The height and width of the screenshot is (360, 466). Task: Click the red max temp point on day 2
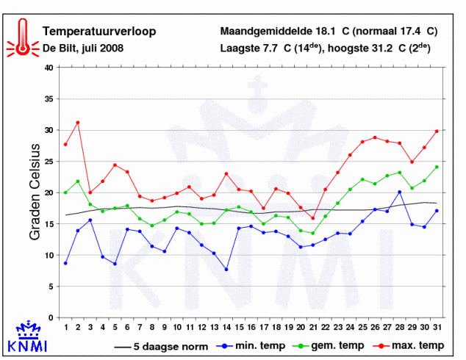click(78, 123)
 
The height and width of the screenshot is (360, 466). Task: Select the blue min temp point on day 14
click(226, 270)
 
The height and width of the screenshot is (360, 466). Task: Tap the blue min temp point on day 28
click(399, 192)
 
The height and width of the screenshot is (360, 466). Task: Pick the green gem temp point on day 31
click(437, 167)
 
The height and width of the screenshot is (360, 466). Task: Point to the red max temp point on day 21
click(313, 218)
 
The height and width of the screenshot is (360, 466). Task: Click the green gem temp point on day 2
click(78, 181)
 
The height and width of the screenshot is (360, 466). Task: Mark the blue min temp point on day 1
click(65, 263)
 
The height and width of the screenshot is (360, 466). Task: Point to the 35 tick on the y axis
click(49, 99)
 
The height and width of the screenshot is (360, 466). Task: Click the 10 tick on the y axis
click(49, 256)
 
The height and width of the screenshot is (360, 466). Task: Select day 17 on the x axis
click(263, 327)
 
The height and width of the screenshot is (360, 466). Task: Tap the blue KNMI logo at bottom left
click(26, 337)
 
